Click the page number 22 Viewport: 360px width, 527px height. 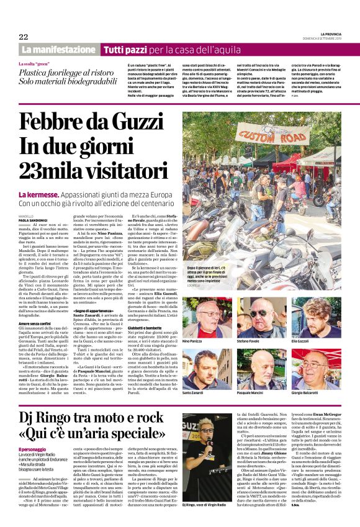[24, 37]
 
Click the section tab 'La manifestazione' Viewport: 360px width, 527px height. [58, 49]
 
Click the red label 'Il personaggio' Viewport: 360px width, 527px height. [32, 449]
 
